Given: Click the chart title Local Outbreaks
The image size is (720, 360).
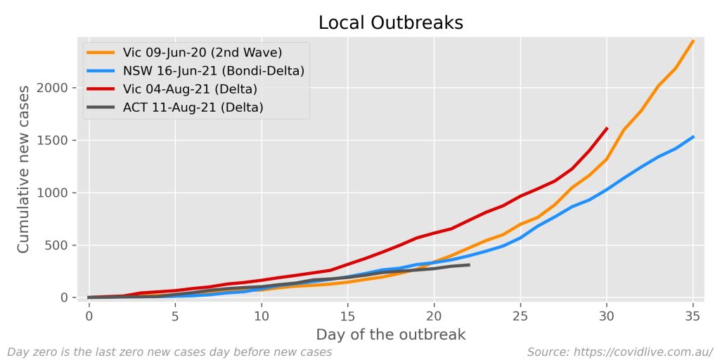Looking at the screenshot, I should tap(390, 22).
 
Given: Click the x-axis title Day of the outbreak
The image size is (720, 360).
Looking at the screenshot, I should tap(390, 335).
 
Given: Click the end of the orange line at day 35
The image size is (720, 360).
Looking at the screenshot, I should tap(693, 41).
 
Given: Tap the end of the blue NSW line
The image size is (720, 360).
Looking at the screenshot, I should tap(693, 136).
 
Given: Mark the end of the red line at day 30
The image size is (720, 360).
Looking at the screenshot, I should tap(607, 128).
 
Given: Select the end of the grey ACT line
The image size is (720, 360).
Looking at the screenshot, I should tap(469, 265).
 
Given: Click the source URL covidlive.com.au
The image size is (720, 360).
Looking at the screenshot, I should tap(619, 351).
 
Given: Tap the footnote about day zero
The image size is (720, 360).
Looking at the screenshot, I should tap(169, 351).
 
